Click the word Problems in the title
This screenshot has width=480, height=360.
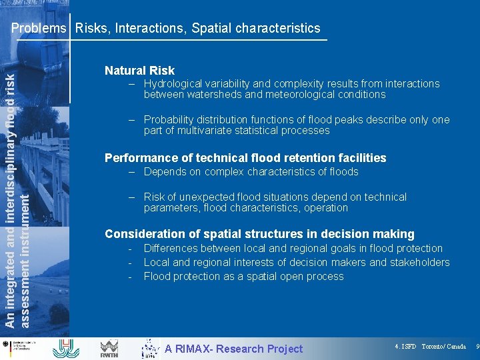click(39, 28)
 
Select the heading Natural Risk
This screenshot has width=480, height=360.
click(139, 70)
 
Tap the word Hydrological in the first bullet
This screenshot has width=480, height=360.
click(175, 84)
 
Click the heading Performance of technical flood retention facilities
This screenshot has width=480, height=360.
click(245, 158)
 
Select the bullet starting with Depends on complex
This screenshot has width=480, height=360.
click(251, 172)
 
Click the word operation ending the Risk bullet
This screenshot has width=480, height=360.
click(325, 208)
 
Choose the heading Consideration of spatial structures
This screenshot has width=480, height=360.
click(259, 234)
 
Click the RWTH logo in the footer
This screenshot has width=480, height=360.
click(109, 347)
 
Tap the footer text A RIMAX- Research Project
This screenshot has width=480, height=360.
click(233, 349)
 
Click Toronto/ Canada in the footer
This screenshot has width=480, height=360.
click(444, 347)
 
